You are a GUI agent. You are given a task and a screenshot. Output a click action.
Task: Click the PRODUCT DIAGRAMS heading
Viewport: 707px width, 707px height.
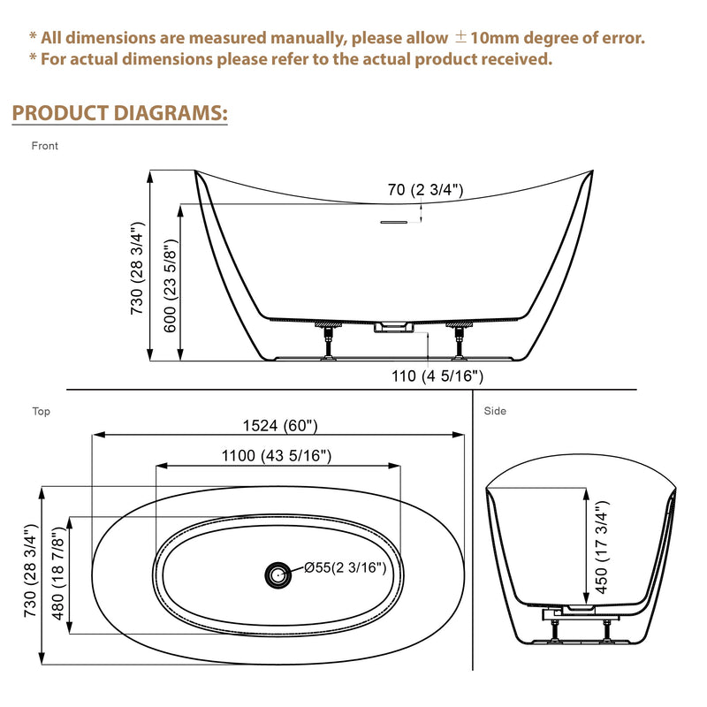click(119, 113)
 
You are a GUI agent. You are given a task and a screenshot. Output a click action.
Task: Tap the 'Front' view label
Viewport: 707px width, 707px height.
click(45, 146)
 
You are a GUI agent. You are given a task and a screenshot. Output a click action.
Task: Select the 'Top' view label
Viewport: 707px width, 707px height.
click(41, 411)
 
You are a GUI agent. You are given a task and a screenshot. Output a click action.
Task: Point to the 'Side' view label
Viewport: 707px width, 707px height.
click(495, 411)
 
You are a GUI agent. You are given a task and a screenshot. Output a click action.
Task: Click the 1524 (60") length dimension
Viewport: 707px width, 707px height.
click(280, 426)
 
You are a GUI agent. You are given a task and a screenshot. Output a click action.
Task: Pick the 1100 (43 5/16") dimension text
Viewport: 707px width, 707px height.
click(277, 456)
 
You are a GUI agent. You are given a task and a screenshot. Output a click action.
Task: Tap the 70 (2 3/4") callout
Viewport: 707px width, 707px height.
click(425, 189)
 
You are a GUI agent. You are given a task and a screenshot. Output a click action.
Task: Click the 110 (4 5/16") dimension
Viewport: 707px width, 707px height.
click(437, 376)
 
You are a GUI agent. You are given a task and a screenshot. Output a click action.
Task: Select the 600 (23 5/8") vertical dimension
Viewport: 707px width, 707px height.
click(171, 285)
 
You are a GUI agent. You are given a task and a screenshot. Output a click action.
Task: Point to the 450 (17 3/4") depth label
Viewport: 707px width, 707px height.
click(602, 547)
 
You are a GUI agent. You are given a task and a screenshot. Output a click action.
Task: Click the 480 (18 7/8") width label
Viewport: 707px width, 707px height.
click(58, 574)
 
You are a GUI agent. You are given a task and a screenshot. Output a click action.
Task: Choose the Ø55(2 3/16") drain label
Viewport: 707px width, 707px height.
click(346, 567)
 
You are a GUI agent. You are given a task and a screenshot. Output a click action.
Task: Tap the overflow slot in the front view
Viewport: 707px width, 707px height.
click(394, 223)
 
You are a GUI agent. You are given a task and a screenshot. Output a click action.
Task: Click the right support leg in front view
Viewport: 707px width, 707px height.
click(460, 341)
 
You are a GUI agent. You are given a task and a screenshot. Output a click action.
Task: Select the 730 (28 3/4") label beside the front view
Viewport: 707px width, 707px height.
click(137, 269)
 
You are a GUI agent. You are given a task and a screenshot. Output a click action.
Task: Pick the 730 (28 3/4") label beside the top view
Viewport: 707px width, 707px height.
click(30, 571)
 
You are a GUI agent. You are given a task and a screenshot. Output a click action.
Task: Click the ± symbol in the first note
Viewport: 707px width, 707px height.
click(460, 37)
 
